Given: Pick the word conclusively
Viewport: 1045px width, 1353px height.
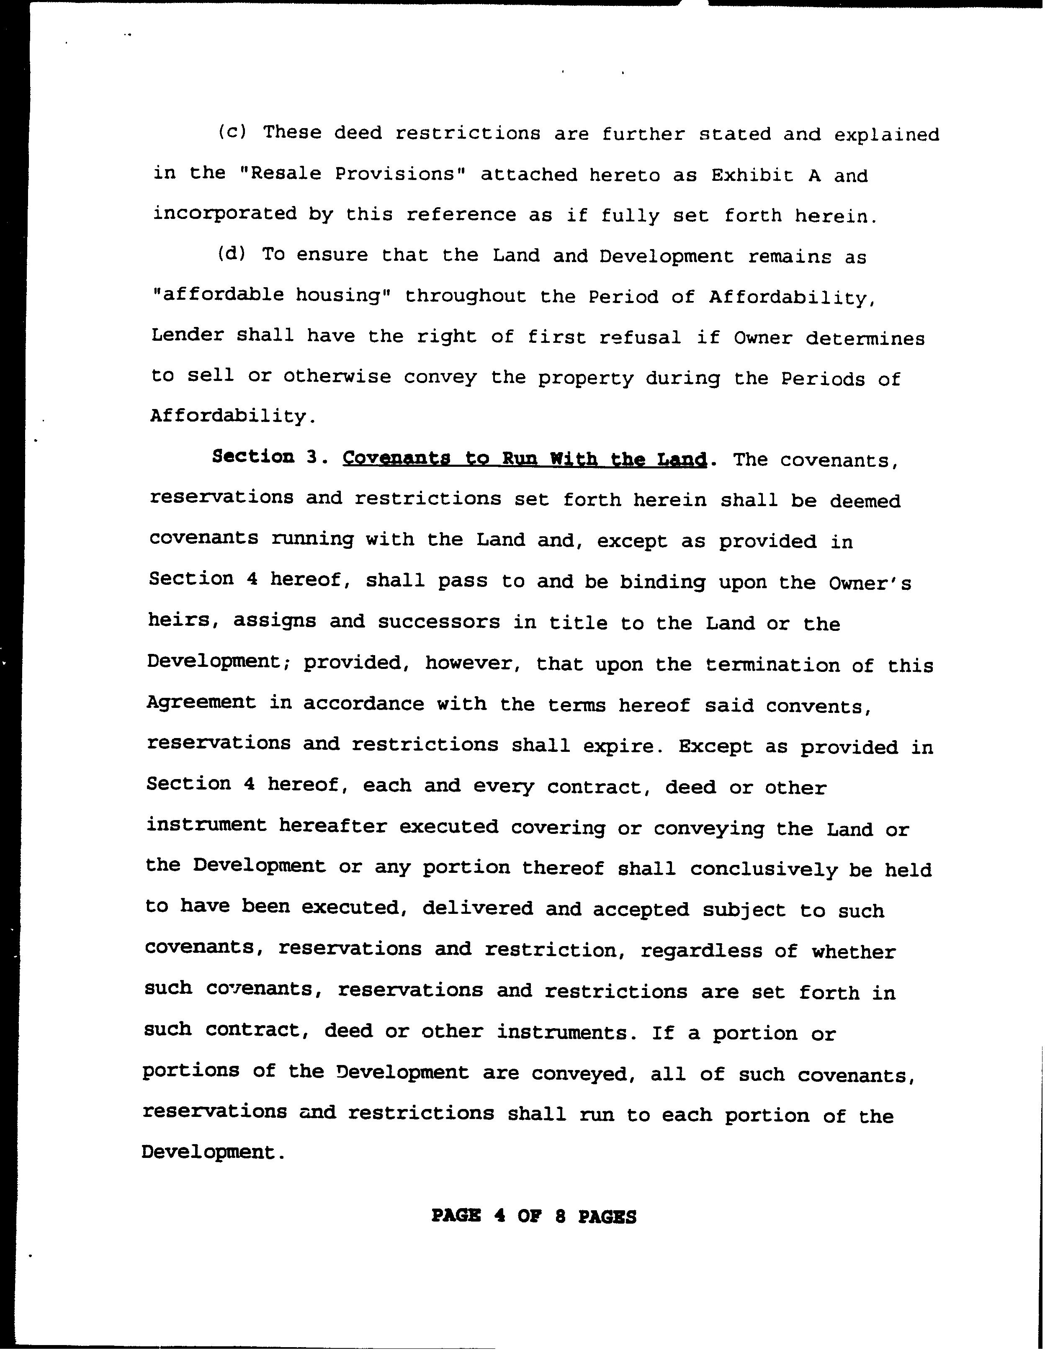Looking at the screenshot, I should coord(763,869).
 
